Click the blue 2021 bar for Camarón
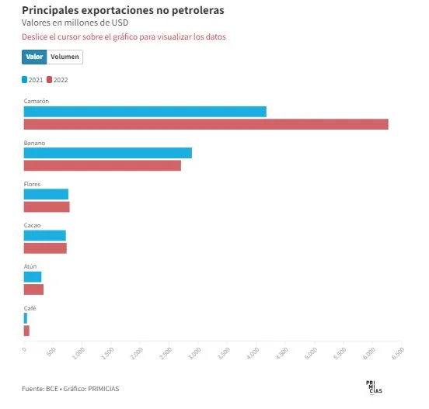[x=145, y=112]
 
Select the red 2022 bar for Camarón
[x=206, y=124]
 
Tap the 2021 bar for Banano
[x=108, y=153]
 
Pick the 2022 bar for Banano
[x=103, y=165]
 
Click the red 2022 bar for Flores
[x=47, y=206]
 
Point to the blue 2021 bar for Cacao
[x=45, y=235]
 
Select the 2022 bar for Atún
[x=33, y=289]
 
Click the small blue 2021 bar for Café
[x=26, y=318]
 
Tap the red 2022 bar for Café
[x=26, y=331]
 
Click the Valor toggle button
[x=34, y=57]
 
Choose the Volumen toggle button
[x=65, y=57]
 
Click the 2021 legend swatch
[x=24, y=80]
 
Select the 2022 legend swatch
[x=49, y=80]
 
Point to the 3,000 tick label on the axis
[x=195, y=353]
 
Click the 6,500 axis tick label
[x=398, y=353]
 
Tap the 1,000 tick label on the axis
[x=78, y=353]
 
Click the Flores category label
[x=32, y=184]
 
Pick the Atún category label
[x=30, y=266]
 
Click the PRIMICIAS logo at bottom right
[x=374, y=387]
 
